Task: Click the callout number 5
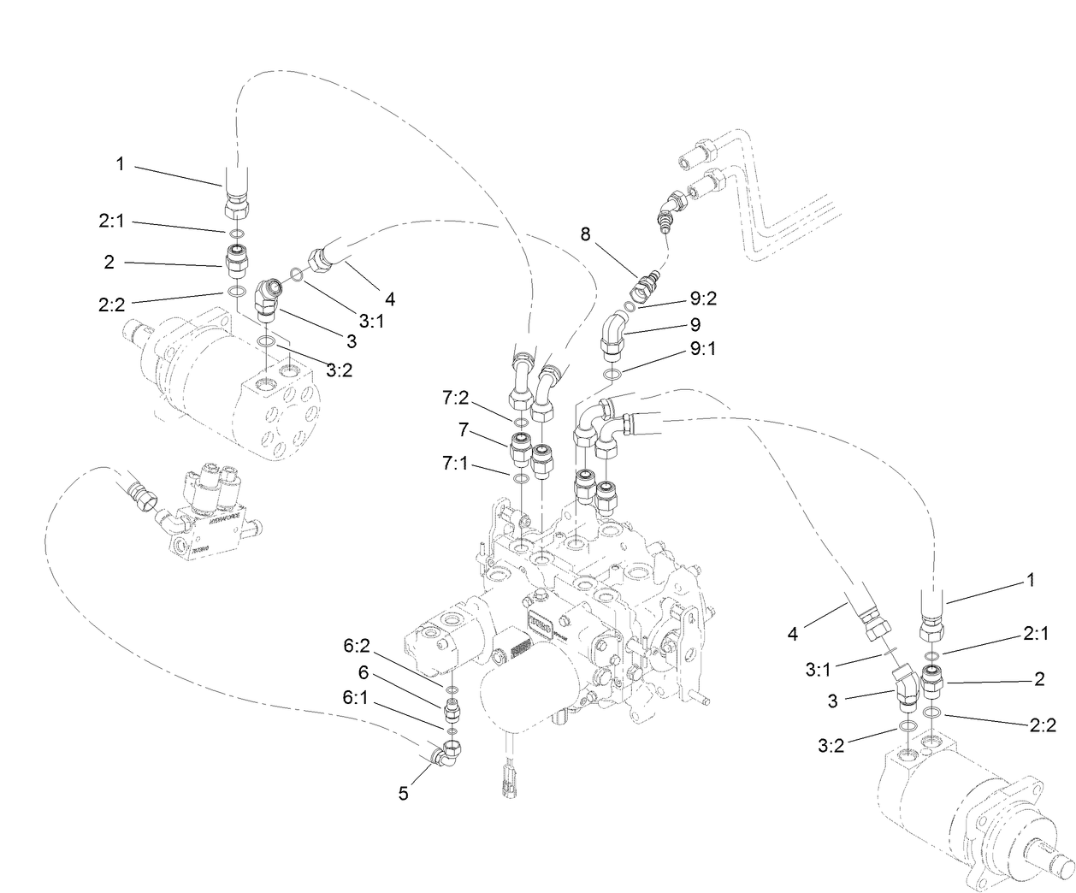[403, 794]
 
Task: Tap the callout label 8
[585, 234]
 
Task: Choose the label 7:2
[455, 398]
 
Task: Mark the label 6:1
[357, 697]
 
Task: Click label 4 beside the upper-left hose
[389, 299]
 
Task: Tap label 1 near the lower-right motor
[1030, 580]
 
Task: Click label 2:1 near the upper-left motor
[111, 221]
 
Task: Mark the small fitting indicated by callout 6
[453, 709]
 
